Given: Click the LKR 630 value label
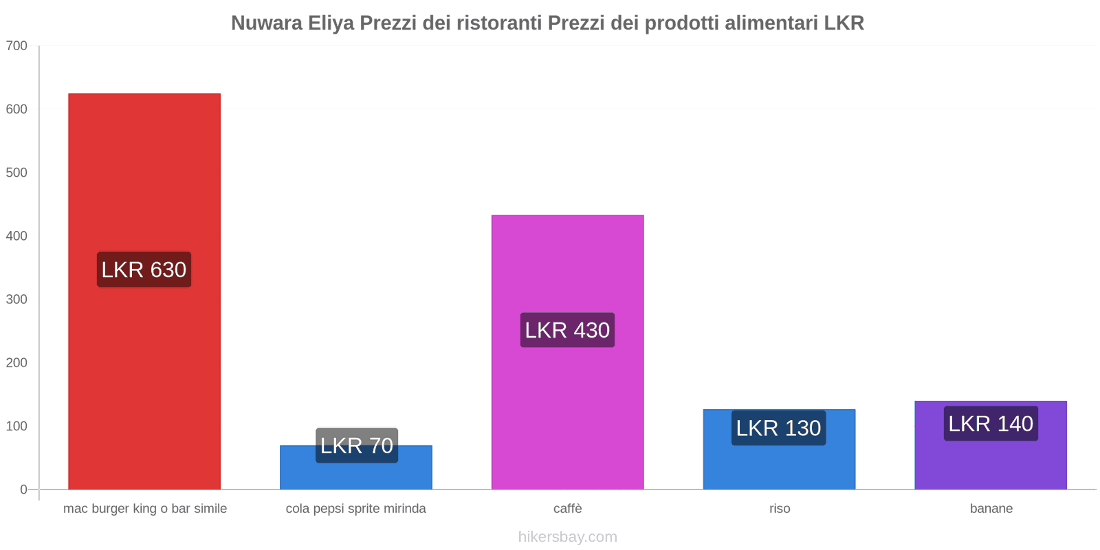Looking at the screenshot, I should (144, 269).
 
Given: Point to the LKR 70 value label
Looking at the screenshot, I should (356, 445).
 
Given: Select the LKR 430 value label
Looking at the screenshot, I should (567, 330).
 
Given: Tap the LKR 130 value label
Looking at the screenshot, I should (778, 428).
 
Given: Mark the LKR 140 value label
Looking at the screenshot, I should (991, 423).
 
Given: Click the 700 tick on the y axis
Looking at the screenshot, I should (16, 46).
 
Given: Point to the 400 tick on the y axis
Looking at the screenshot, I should (16, 236).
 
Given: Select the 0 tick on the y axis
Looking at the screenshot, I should (23, 489).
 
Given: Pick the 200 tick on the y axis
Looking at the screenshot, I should (16, 363).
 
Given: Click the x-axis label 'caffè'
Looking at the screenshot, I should (567, 509).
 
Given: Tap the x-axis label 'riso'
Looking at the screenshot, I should (780, 509).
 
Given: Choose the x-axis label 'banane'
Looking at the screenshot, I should (991, 509).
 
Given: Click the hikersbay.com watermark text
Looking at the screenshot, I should (567, 537).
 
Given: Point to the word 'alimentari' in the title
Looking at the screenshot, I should (771, 23).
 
